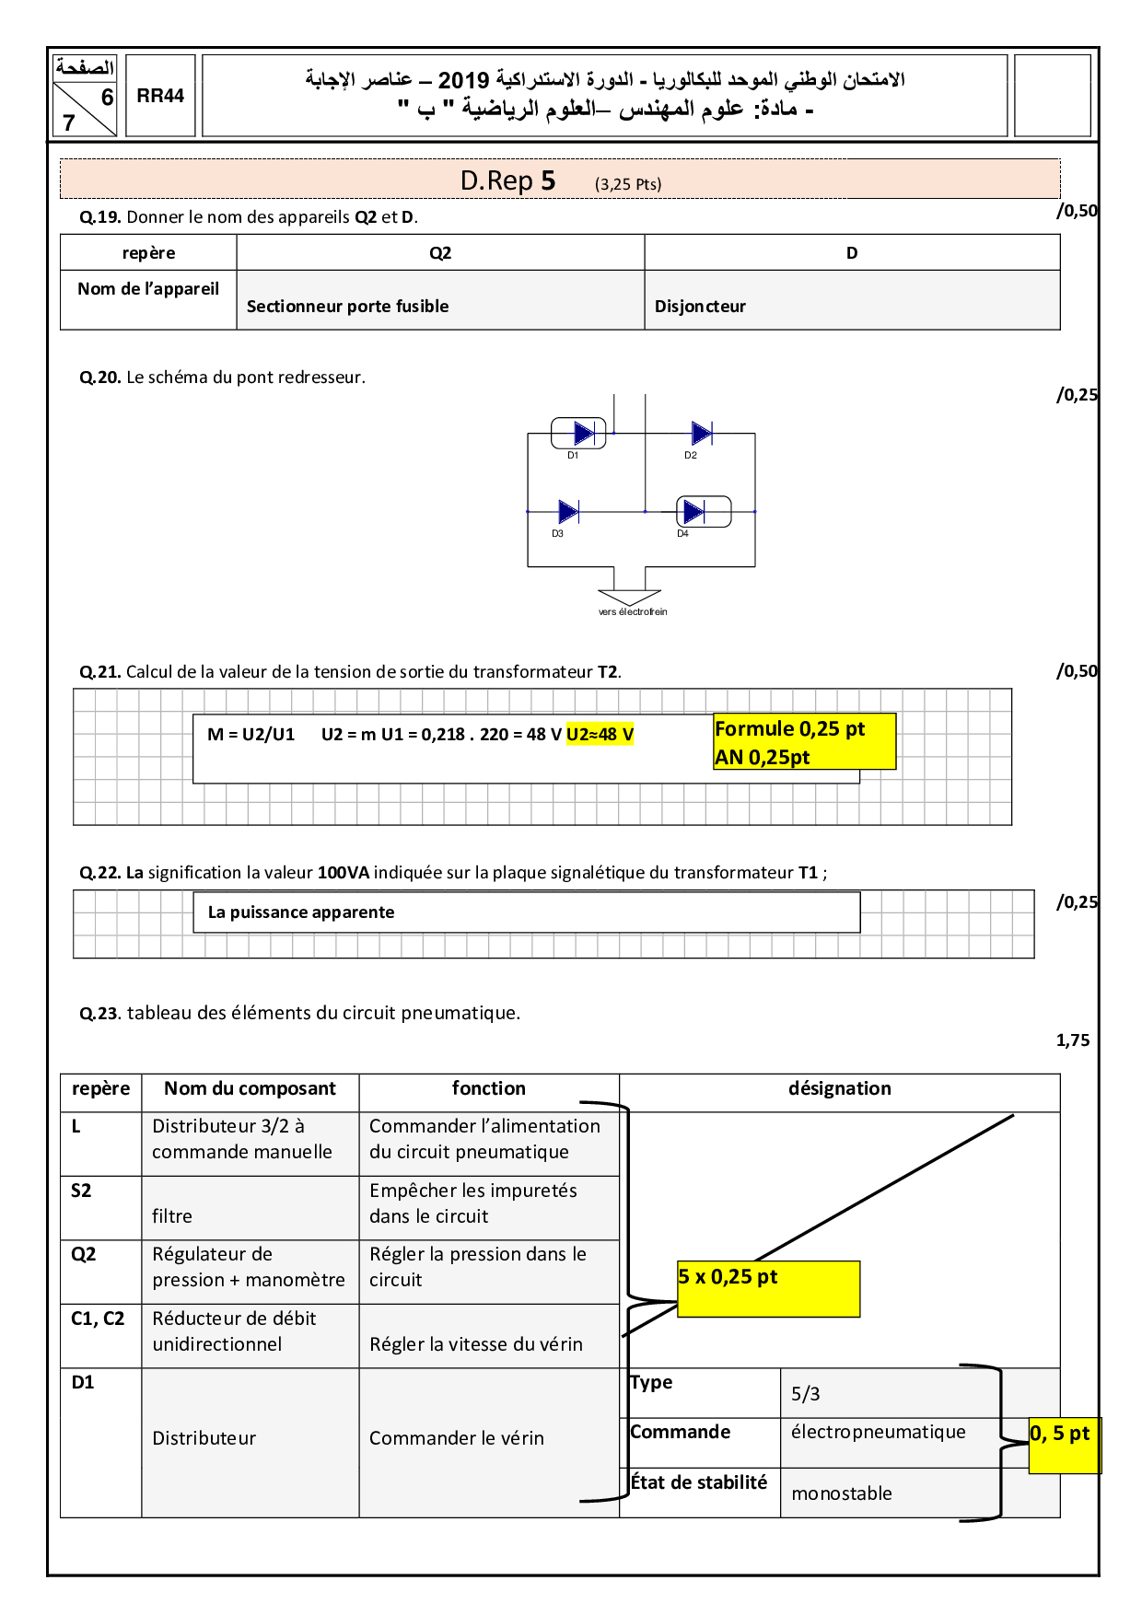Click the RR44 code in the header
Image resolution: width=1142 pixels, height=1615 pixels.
(160, 96)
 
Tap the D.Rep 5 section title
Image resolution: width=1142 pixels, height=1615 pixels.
(507, 180)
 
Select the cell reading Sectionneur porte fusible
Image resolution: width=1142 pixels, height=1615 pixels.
(347, 307)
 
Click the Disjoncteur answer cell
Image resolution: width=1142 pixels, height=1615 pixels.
(700, 307)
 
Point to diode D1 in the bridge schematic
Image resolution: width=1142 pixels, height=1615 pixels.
(582, 433)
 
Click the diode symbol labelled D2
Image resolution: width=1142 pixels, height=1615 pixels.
(702, 433)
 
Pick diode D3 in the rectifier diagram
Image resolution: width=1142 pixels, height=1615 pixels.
(568, 512)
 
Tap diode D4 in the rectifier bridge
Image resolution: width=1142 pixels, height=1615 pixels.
(694, 512)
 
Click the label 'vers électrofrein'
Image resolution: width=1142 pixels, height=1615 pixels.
(632, 611)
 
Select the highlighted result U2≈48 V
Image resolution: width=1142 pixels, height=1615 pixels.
(600, 734)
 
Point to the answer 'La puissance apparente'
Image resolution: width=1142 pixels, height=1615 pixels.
(301, 912)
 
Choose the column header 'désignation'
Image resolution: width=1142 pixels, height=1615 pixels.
(839, 1088)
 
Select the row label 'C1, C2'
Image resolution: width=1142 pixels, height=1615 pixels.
(98, 1319)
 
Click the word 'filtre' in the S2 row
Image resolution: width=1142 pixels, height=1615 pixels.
(172, 1216)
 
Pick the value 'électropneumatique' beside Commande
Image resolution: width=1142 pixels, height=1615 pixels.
(878, 1432)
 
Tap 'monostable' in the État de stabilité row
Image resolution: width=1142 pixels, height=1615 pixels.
(841, 1493)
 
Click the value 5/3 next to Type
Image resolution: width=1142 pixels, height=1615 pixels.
(805, 1394)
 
